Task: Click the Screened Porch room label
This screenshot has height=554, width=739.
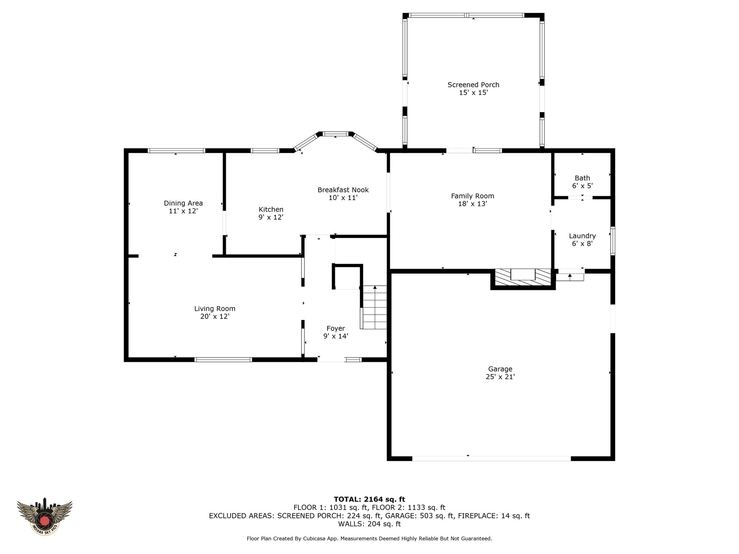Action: click(x=473, y=85)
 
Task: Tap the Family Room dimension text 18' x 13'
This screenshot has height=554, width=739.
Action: click(x=473, y=204)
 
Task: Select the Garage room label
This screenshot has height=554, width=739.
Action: click(x=500, y=369)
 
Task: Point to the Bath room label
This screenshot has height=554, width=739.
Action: click(x=582, y=178)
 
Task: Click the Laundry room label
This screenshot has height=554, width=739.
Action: click(x=582, y=236)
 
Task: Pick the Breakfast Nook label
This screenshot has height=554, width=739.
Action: click(x=343, y=190)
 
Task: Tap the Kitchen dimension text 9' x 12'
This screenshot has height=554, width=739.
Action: click(x=271, y=217)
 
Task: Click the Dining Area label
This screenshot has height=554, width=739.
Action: click(x=183, y=203)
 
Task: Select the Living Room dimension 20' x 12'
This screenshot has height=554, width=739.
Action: click(x=215, y=316)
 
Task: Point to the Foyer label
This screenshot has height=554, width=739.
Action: click(x=336, y=328)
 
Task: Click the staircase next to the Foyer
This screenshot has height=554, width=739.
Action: click(x=374, y=307)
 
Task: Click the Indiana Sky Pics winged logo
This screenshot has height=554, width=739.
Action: click(x=44, y=516)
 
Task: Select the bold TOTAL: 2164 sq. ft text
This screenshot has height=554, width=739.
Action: click(x=369, y=499)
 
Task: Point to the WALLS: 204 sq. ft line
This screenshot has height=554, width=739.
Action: click(x=369, y=524)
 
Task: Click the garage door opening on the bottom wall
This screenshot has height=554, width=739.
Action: click(x=491, y=458)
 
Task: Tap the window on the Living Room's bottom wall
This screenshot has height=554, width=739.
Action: click(x=223, y=360)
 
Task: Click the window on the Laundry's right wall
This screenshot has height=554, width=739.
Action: click(x=613, y=241)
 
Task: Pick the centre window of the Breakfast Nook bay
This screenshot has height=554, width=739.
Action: click(x=336, y=134)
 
